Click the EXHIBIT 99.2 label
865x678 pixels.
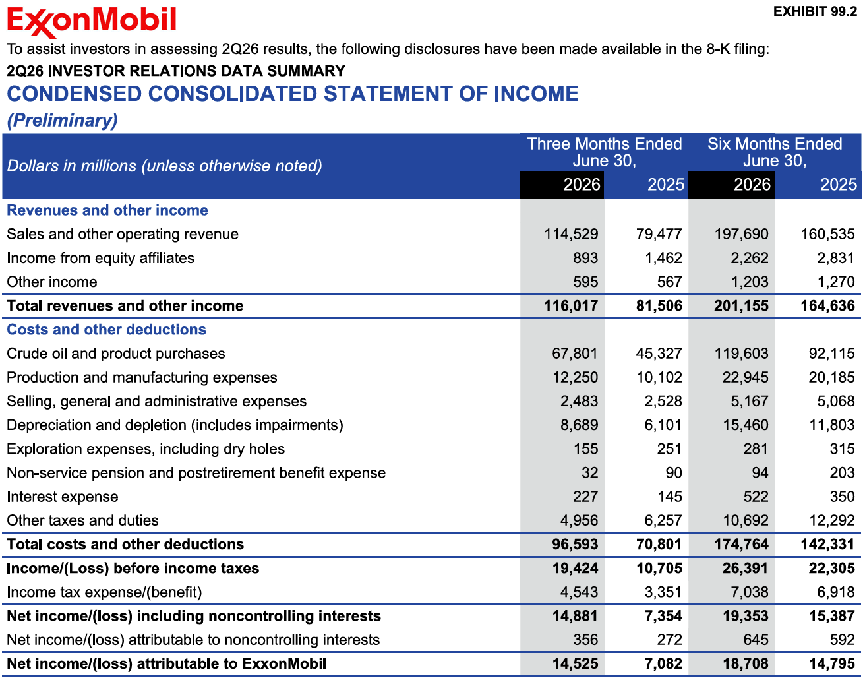[815, 12]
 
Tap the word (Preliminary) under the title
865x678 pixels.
[63, 121]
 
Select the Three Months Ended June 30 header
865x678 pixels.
[605, 152]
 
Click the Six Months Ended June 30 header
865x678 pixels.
[775, 152]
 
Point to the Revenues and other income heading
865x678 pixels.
[107, 210]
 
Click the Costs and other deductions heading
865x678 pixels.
[107, 330]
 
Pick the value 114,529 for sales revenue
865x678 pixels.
[571, 234]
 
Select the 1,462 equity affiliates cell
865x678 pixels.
[663, 258]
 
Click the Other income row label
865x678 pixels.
[52, 282]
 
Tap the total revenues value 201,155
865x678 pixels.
[741, 306]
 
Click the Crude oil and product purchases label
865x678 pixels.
[116, 354]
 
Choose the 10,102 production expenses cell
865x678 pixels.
[659, 377]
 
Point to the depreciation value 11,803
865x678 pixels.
[832, 425]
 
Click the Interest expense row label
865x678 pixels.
[63, 497]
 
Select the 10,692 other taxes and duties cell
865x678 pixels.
[746, 521]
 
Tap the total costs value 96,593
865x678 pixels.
[575, 545]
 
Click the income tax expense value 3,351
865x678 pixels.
[663, 592]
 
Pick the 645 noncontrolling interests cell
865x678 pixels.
[756, 640]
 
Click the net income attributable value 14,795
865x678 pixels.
[832, 664]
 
